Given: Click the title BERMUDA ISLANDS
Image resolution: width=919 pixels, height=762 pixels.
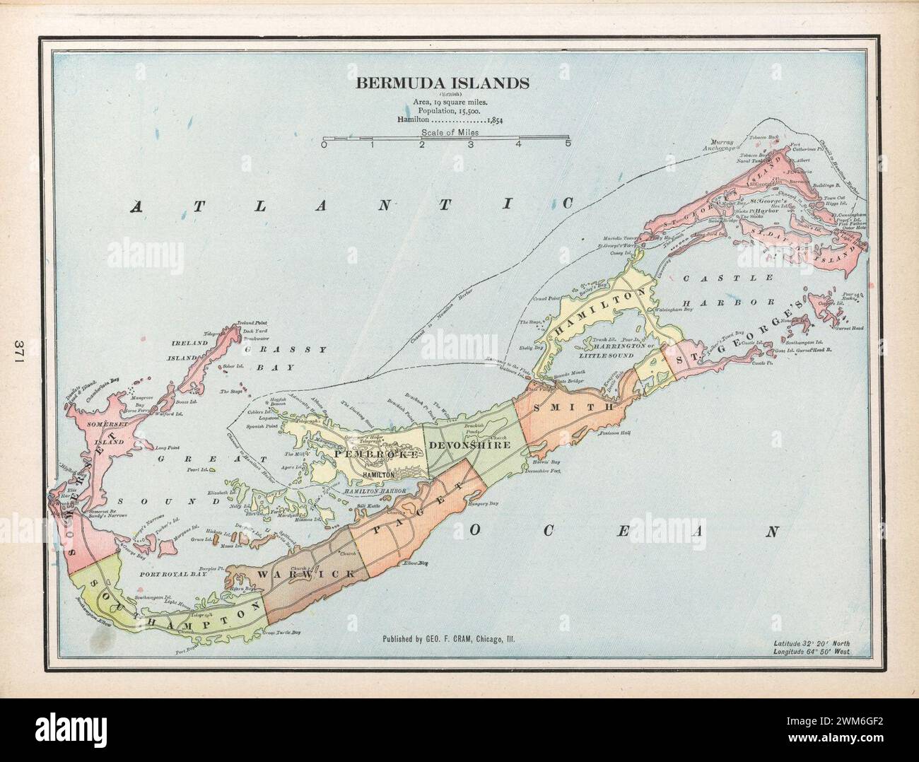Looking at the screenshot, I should point(443,83).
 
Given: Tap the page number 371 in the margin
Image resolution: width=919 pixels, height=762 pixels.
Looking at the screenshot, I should point(19,351).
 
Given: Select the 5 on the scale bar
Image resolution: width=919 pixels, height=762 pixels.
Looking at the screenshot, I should point(567,145).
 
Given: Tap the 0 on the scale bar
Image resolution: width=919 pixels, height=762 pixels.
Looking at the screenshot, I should point(324,145).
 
